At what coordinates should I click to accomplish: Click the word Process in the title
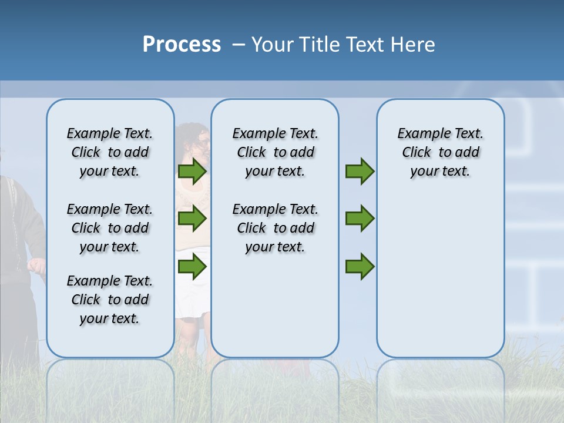point(182,45)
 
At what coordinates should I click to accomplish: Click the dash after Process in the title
point(238,45)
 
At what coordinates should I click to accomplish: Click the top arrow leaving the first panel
point(192,172)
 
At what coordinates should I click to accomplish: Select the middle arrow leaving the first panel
point(192,219)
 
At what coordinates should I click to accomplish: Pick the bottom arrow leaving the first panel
point(192,267)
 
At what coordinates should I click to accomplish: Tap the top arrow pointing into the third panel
point(360,172)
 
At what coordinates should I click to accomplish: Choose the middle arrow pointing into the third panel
point(360,219)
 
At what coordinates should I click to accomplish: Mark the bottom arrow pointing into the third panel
point(360,267)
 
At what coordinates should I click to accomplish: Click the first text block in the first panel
point(110,152)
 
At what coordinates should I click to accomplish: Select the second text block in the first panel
point(110,228)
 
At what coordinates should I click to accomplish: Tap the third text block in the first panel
point(110,300)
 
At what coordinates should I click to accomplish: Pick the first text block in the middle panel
point(275,152)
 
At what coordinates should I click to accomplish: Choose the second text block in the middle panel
point(275,228)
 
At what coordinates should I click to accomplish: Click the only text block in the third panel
point(440,152)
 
